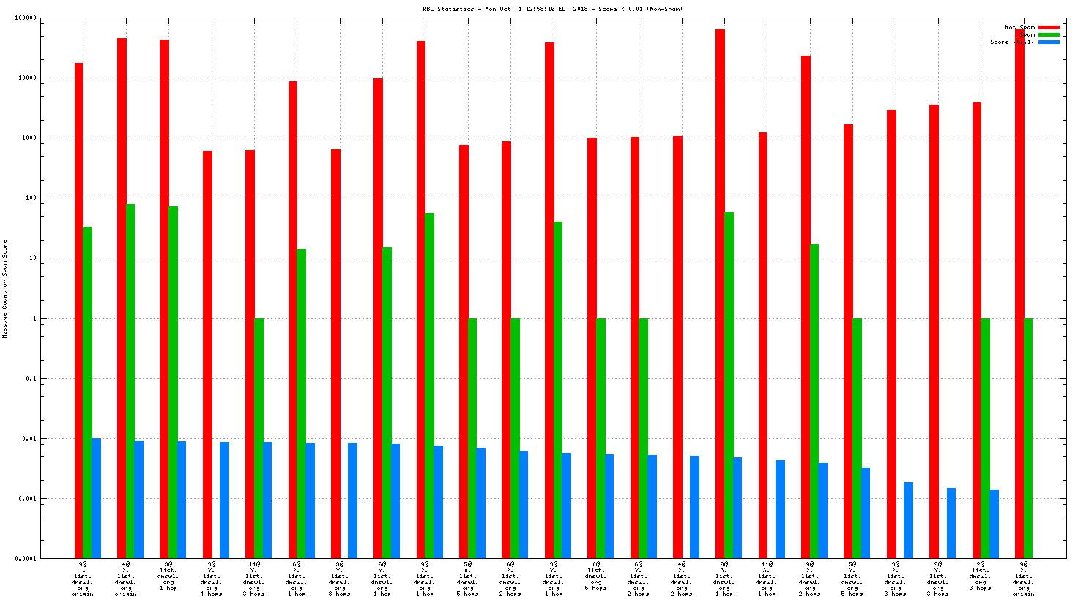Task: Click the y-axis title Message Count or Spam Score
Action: click(x=4, y=288)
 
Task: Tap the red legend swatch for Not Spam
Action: click(x=1049, y=27)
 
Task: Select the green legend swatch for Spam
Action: click(x=1049, y=34)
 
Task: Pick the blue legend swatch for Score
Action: click(x=1049, y=42)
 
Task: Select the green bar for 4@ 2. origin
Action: click(x=130, y=381)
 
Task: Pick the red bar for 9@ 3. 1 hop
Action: click(x=720, y=293)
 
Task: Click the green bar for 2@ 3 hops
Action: click(x=986, y=438)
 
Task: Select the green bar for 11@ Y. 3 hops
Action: click(x=259, y=438)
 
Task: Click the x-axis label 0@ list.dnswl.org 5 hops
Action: click(x=595, y=576)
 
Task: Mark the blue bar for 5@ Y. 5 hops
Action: click(x=866, y=513)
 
